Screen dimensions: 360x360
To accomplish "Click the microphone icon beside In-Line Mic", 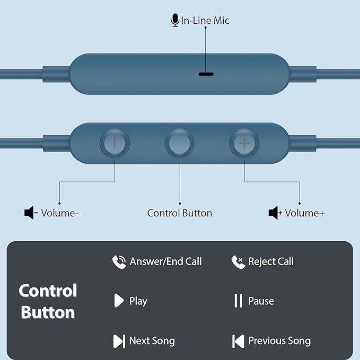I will pyautogui.click(x=174, y=21).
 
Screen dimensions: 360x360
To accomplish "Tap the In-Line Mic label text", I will pyautogui.click(x=205, y=21).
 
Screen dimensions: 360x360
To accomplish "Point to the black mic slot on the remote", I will pyautogui.click(x=206, y=73).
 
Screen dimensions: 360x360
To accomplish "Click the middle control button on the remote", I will pyautogui.click(x=179, y=143).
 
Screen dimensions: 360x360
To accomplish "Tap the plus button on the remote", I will pyautogui.click(x=244, y=143).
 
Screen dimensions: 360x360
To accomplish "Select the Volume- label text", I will pyautogui.click(x=60, y=213).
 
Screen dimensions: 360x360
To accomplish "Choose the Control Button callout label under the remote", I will pyautogui.click(x=180, y=213).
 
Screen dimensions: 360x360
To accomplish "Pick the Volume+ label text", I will pyautogui.click(x=305, y=213).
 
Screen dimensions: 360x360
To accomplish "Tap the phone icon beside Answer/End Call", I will pyautogui.click(x=119, y=262).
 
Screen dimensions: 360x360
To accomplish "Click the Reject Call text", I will pyautogui.click(x=271, y=262).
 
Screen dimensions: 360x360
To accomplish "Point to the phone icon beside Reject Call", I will pyautogui.click(x=238, y=262).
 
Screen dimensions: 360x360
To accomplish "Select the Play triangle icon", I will pyautogui.click(x=118, y=301).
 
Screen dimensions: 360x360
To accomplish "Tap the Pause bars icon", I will pyautogui.click(x=238, y=301).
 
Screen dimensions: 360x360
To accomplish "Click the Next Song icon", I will pyautogui.click(x=119, y=341).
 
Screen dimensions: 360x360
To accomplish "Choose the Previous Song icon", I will pyautogui.click(x=238, y=341).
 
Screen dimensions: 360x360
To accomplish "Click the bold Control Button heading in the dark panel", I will pyautogui.click(x=48, y=301).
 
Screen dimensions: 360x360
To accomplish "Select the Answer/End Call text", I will pyautogui.click(x=165, y=262).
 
